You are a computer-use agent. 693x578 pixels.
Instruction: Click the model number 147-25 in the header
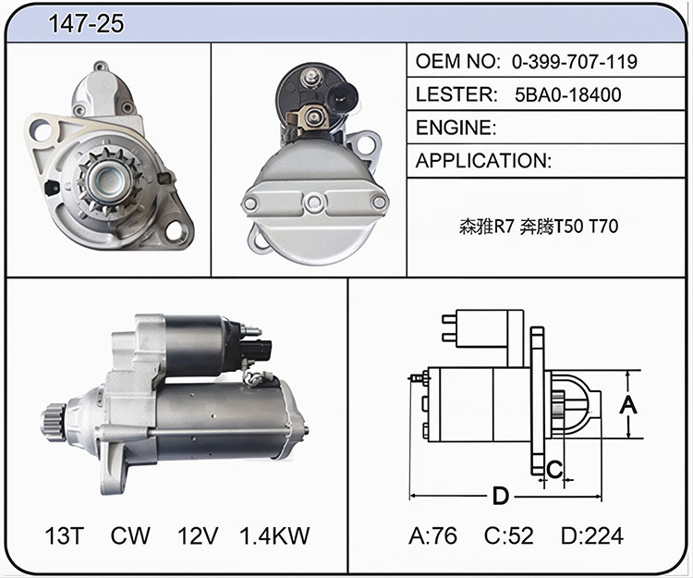(86, 23)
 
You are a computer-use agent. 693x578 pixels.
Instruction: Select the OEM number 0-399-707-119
(575, 61)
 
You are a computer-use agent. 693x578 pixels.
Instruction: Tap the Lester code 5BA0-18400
(568, 94)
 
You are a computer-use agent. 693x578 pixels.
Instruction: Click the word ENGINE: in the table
(456, 128)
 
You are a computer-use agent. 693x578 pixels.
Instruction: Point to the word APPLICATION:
(483, 161)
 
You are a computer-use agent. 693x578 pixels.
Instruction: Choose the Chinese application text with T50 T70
(539, 227)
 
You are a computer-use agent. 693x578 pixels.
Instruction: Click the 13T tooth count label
(65, 535)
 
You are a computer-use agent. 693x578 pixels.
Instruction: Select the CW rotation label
(130, 535)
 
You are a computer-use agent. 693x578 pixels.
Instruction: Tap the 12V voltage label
(198, 535)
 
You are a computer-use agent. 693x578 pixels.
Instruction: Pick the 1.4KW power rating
(274, 535)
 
